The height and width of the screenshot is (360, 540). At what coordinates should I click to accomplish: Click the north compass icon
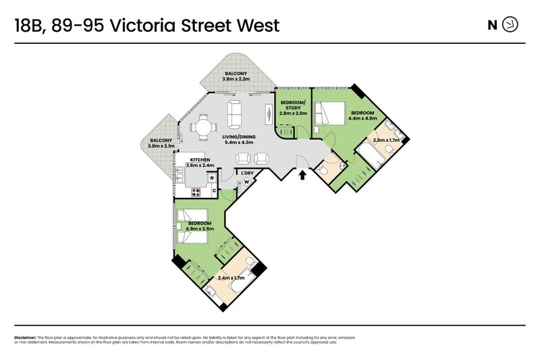coord(511,25)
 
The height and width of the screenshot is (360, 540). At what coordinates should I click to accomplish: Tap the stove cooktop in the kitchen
coord(197,192)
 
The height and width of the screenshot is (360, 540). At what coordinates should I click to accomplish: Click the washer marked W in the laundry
coord(247,182)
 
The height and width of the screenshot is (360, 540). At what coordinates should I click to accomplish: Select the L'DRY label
coord(248,173)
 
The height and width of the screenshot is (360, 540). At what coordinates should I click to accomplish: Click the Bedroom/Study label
coord(293,108)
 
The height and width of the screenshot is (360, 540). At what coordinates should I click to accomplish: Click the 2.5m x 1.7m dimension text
coord(387,140)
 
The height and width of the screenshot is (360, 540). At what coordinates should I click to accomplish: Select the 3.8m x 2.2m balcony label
coord(236,76)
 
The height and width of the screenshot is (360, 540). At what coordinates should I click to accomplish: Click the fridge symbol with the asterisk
coord(212,178)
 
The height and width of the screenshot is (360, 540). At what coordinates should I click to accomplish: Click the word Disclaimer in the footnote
coord(25,337)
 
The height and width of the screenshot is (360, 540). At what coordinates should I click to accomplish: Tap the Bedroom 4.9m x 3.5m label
coord(200,226)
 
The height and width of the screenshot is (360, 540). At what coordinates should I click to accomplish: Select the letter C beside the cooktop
coord(213,192)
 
